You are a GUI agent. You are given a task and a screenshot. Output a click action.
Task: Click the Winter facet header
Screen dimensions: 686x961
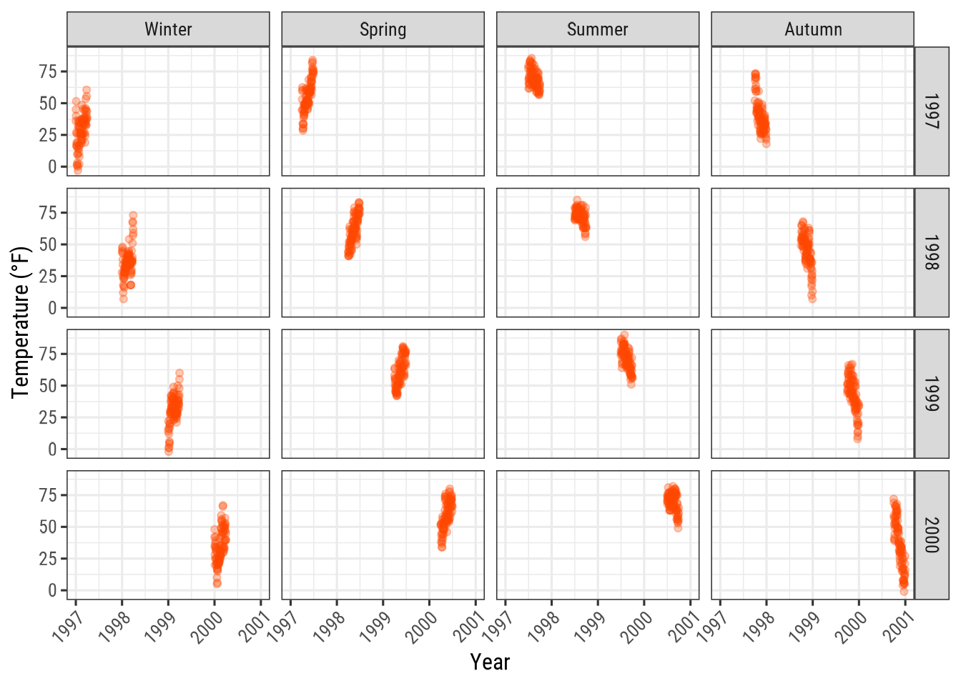(x=168, y=29)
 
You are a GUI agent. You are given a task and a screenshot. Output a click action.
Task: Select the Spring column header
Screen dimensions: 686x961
(x=383, y=29)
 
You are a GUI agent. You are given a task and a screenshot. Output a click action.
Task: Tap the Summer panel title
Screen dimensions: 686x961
(x=597, y=29)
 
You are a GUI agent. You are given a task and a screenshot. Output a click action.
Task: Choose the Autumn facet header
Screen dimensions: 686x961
(x=812, y=29)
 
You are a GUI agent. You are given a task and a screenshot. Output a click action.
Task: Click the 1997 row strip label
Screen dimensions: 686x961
(x=931, y=111)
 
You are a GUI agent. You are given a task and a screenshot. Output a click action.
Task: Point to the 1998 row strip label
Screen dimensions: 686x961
(x=931, y=252)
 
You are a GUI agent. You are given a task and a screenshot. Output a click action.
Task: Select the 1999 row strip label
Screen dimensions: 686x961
(x=931, y=394)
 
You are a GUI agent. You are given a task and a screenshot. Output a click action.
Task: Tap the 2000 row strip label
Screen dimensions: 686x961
(x=931, y=535)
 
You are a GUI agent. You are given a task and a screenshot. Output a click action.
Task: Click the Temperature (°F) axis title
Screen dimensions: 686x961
(x=21, y=322)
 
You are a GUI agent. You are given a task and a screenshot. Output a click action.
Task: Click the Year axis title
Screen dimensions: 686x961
(x=490, y=662)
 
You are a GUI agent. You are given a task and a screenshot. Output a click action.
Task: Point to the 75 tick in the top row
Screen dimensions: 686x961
(x=48, y=71)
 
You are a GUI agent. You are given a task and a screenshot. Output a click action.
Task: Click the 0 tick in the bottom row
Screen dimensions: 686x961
(x=52, y=590)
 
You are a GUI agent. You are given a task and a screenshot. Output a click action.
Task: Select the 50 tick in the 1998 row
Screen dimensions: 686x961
(x=48, y=244)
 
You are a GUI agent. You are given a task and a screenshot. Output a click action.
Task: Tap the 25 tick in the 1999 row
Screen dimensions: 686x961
(x=48, y=417)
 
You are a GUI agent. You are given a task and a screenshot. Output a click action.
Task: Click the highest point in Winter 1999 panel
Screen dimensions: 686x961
(x=179, y=373)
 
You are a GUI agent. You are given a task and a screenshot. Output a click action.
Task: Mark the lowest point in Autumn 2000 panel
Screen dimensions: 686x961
(x=904, y=591)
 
